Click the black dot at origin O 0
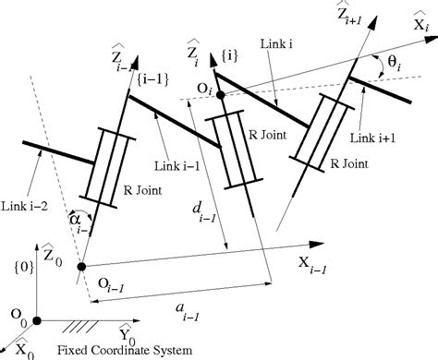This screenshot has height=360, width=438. tap(36, 320)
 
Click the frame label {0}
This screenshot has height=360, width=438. tap(13, 269)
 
